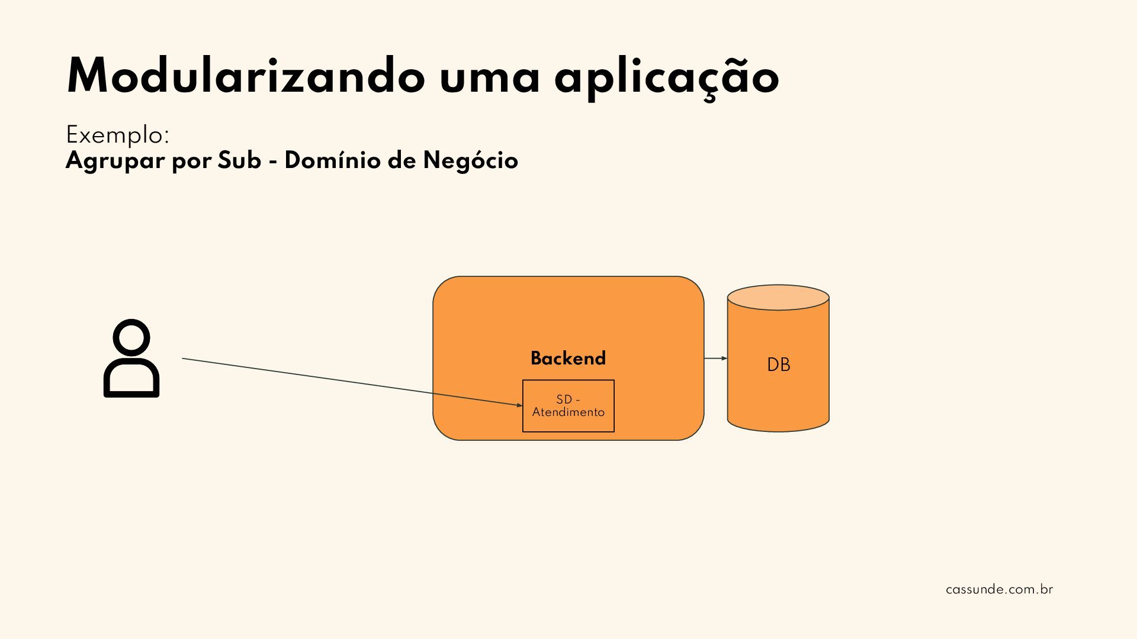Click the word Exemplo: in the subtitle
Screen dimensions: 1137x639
coord(117,135)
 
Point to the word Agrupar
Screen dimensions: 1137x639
coord(115,161)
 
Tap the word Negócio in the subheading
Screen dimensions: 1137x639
coord(470,161)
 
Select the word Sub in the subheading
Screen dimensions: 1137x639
coord(239,160)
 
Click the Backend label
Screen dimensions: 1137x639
coord(568,359)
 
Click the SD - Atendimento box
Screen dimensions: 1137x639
coord(568,406)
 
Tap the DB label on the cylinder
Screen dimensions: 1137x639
coord(778,365)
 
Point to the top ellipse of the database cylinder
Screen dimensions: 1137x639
coord(778,298)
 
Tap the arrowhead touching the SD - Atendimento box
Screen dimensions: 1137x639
coord(519,405)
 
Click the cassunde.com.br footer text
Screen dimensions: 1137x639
coord(999,590)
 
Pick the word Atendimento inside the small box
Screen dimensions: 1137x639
coord(568,412)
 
